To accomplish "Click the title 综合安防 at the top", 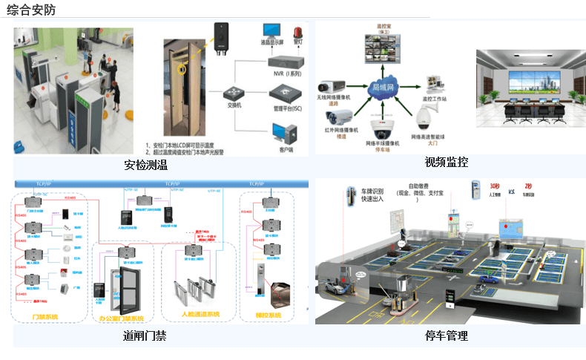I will [x=31, y=10].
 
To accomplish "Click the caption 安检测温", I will [x=145, y=164].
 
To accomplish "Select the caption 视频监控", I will [x=446, y=162].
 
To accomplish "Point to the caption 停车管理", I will [x=446, y=336].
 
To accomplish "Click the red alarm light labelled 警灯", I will [x=297, y=33].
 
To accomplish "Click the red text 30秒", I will [x=495, y=186].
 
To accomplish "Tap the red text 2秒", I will [x=528, y=186].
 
